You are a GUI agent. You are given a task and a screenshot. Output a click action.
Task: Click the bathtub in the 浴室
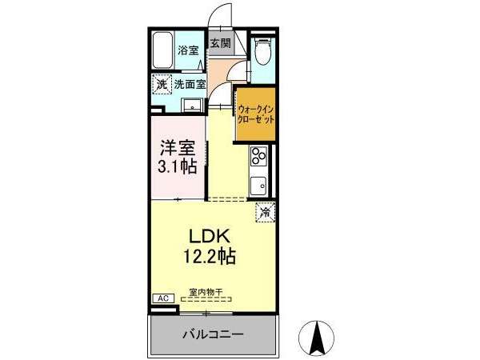point(163,50)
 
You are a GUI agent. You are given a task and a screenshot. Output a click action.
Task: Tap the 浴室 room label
point(188,50)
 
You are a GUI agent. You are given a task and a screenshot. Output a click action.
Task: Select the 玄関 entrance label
point(221,43)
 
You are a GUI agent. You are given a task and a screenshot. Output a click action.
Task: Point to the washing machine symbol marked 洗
point(162,85)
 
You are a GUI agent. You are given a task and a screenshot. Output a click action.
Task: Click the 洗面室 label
point(190,84)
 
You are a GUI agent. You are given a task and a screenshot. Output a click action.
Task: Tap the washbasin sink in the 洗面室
point(192,106)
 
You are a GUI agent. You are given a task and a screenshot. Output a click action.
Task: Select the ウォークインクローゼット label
point(256,114)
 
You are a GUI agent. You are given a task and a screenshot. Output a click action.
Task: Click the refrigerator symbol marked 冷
point(266,212)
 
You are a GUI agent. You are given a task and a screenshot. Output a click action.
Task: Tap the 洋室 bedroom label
point(178,149)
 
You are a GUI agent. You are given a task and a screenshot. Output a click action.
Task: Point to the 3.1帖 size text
point(177,166)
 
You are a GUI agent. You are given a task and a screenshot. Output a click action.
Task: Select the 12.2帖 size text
point(210,256)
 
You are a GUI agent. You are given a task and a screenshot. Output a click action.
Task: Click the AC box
point(163,298)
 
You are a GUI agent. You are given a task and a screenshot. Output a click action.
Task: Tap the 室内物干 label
point(206,292)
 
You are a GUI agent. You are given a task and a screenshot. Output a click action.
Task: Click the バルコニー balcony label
point(214,334)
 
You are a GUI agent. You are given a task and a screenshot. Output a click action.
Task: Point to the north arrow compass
point(317,338)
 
